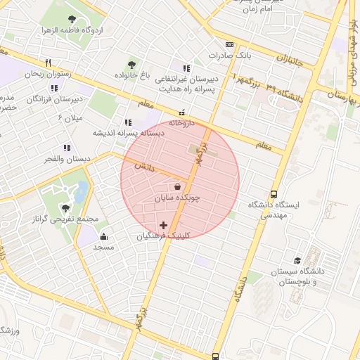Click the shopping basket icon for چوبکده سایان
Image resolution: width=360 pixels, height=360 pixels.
point(176,187)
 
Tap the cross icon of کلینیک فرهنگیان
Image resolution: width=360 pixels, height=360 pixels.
point(164,226)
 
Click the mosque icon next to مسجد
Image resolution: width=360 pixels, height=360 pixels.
point(104,236)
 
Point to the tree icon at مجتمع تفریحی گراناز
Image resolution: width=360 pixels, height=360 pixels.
point(65,208)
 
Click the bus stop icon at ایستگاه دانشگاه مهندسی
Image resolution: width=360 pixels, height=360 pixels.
point(274,194)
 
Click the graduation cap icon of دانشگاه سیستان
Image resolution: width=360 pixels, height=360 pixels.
point(298,260)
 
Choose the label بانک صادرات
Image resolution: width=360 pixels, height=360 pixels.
point(230,55)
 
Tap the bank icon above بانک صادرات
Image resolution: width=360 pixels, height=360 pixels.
point(230,44)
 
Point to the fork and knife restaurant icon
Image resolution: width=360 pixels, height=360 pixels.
point(48,63)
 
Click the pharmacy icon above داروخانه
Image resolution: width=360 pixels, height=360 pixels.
point(182,112)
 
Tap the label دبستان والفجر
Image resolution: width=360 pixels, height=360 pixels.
point(66,160)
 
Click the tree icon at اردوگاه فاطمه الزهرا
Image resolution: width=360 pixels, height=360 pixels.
point(72,19)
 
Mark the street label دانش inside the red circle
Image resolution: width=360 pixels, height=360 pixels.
point(143,167)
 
